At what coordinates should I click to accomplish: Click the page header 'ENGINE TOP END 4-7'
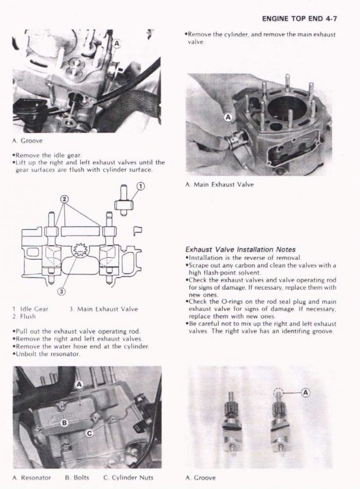point(299,18)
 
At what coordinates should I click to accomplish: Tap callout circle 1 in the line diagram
point(141,187)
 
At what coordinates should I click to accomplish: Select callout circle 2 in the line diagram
point(64,199)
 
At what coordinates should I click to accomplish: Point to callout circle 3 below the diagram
point(62,292)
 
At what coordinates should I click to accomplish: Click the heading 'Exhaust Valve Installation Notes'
point(240,250)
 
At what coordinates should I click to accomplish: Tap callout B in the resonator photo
point(64,423)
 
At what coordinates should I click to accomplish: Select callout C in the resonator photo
point(90,434)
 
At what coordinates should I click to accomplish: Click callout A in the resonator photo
point(79,385)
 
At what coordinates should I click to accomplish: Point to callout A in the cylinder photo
point(229,117)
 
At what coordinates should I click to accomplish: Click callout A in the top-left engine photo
point(117,43)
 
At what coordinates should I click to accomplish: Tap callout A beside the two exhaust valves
point(305,392)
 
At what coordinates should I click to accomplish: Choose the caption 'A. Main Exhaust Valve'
point(219,185)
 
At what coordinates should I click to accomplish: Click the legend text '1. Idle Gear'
point(30,309)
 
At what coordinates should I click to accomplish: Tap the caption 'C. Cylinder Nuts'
point(128,478)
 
